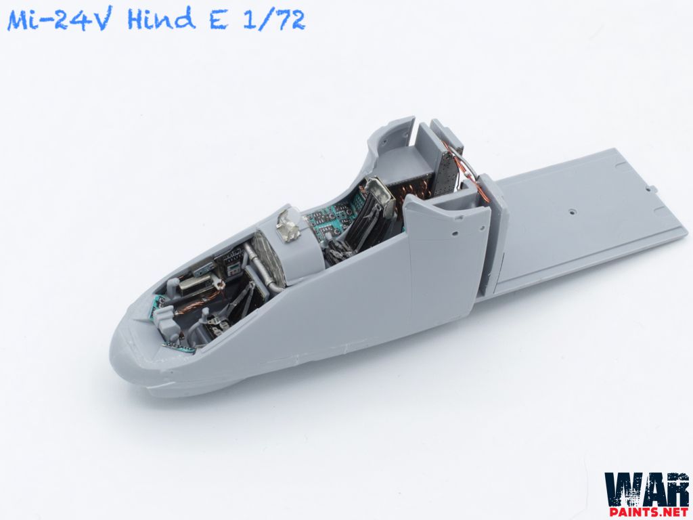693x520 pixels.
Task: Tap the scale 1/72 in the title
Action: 274,20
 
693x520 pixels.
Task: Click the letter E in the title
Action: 220,20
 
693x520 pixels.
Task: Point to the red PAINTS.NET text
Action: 646,513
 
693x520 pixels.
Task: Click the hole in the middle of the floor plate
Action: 573,211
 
